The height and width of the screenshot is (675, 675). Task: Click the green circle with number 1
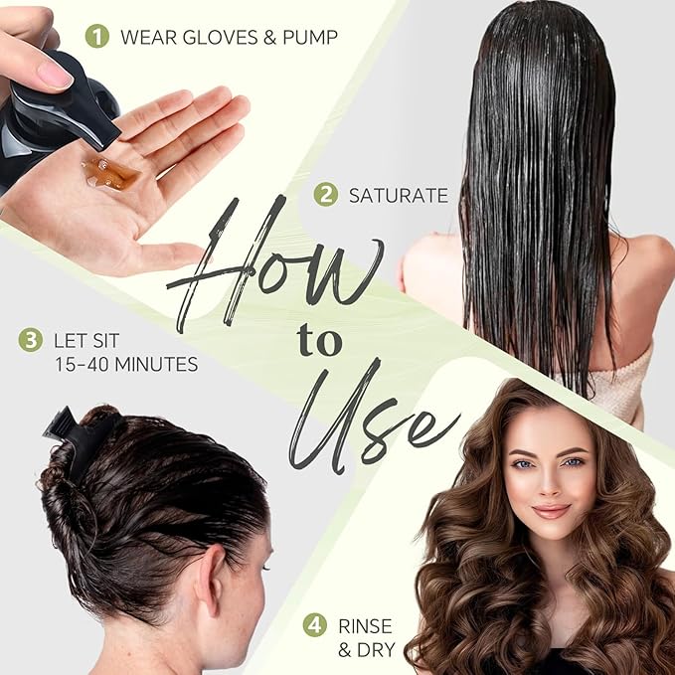point(96,38)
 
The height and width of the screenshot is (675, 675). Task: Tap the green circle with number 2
point(326,194)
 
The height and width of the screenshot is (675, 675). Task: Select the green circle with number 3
point(31,340)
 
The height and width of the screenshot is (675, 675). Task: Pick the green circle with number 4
point(315,626)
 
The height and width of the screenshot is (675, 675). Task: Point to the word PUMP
point(308,38)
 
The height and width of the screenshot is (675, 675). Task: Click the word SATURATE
point(399,195)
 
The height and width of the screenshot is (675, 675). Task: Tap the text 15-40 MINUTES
point(126,365)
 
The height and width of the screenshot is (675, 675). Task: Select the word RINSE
point(366,626)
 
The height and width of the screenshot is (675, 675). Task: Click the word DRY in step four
point(374,651)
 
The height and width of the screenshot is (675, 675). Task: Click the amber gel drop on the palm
point(110,174)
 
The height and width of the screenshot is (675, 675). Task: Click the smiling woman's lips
point(551,511)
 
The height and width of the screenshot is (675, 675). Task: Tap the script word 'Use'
point(373,418)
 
